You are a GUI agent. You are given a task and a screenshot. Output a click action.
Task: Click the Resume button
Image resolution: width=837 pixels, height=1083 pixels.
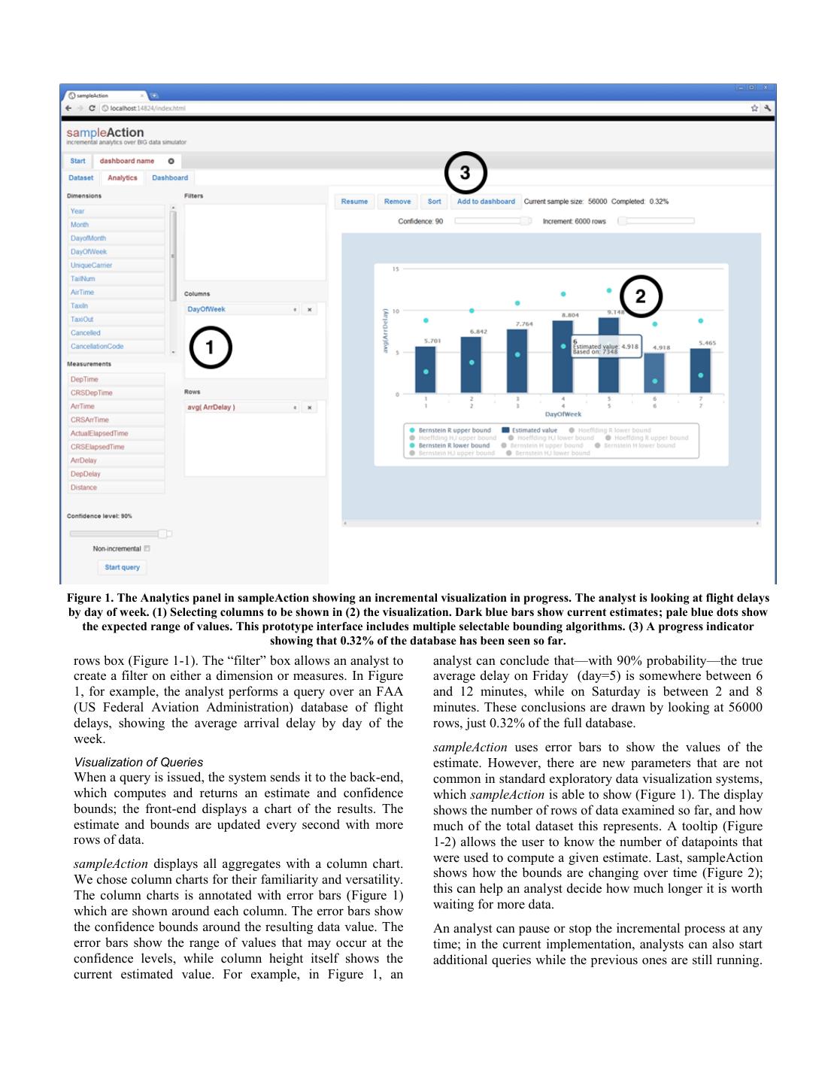[x=354, y=202]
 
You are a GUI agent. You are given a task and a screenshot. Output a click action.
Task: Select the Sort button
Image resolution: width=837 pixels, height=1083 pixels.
[x=434, y=202]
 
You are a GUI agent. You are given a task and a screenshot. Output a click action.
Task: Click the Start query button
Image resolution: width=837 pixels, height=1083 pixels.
[x=122, y=567]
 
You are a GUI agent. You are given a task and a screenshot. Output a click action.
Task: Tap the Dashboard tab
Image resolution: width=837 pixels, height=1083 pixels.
[x=170, y=178]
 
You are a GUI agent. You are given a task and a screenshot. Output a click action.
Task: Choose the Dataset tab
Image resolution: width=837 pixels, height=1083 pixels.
[x=81, y=178]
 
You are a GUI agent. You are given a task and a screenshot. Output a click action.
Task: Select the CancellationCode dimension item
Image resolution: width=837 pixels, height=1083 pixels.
[x=97, y=347]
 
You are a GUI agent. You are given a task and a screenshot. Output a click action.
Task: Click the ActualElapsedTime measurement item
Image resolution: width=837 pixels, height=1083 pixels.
[x=99, y=433]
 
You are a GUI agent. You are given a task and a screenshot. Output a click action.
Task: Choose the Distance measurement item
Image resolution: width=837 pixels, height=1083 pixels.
[x=83, y=487]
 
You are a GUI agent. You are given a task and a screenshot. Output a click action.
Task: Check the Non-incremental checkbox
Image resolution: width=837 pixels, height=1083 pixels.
[x=147, y=549]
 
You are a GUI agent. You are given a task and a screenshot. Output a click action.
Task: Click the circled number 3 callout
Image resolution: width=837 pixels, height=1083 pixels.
[x=466, y=173]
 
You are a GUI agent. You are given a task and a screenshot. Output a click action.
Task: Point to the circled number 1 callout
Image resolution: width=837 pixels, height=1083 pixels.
[x=210, y=347]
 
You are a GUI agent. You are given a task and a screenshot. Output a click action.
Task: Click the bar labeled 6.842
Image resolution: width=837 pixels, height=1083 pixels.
[x=471, y=364]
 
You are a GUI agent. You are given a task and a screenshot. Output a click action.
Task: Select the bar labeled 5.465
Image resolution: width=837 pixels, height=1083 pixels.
[x=700, y=370]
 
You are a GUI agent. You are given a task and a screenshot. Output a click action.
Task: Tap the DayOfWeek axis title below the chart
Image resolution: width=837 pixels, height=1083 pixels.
[x=563, y=414]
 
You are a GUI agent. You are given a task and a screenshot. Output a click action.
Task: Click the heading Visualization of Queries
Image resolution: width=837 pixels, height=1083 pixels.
[x=138, y=762]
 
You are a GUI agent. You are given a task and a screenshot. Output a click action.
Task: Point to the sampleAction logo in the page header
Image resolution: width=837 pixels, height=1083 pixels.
[x=105, y=133]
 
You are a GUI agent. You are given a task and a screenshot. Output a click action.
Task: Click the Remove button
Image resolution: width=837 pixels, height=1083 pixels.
[x=397, y=202]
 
